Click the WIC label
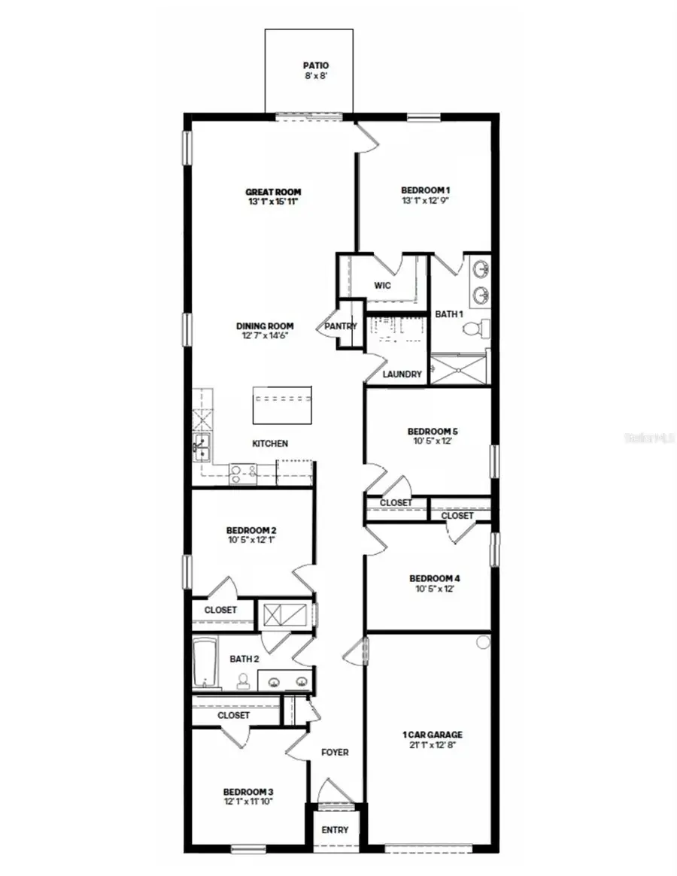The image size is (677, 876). tap(382, 286)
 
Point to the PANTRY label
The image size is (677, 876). tap(341, 326)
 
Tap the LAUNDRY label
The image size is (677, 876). tap(402, 374)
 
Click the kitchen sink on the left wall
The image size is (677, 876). tap(202, 448)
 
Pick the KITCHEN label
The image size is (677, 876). tap(270, 444)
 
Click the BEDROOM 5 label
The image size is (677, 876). tap(433, 432)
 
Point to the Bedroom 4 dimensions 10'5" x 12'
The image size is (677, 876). tap(434, 589)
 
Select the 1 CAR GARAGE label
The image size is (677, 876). tap(432, 735)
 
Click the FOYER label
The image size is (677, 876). tap(335, 752)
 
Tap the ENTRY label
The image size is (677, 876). tap(335, 830)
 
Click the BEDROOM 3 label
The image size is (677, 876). tap(247, 792)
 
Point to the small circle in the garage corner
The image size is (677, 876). tap(483, 642)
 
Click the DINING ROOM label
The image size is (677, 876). tap(265, 326)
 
